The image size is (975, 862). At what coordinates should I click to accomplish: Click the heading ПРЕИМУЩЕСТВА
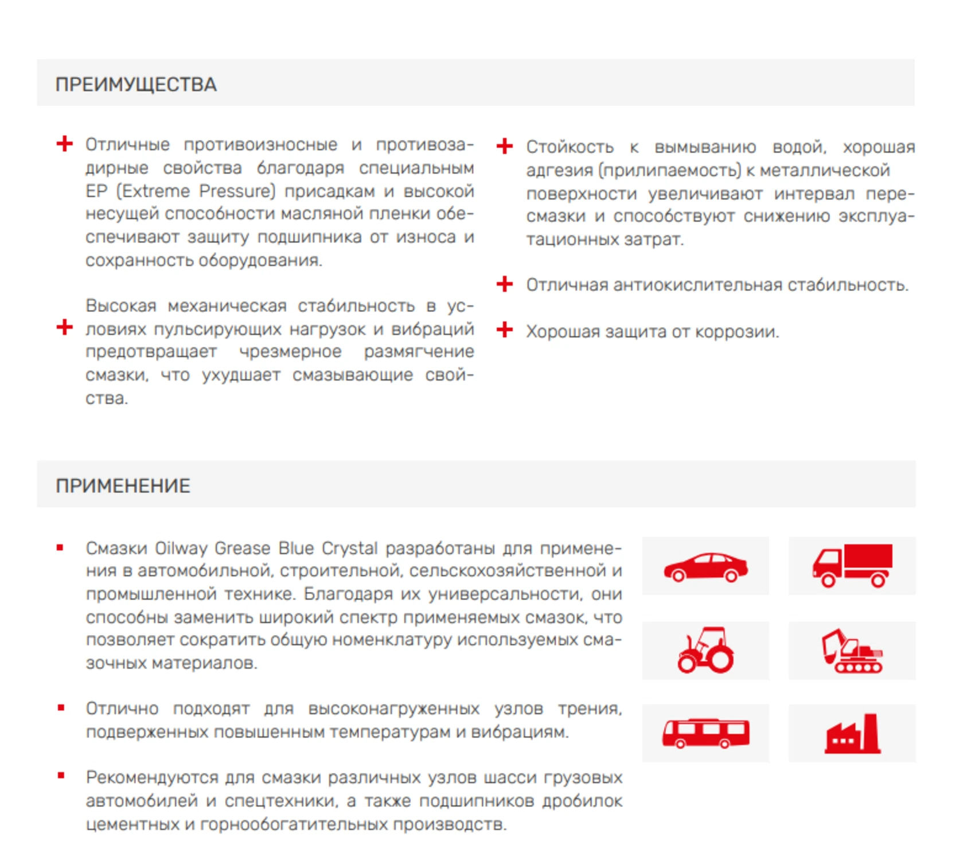click(x=136, y=85)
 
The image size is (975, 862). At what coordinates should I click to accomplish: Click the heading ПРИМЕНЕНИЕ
click(x=123, y=486)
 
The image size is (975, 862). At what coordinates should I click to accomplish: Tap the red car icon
click(x=705, y=567)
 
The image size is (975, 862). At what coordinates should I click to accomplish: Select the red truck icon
click(x=852, y=566)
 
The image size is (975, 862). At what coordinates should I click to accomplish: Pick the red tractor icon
click(x=705, y=650)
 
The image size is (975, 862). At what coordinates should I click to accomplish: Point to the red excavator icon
click(x=852, y=651)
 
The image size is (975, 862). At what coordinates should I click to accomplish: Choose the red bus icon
click(x=705, y=734)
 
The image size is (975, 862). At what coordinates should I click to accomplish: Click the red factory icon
click(x=852, y=734)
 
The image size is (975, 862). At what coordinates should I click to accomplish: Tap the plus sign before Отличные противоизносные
click(x=65, y=143)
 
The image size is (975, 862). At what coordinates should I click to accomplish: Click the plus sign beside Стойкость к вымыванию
click(x=505, y=146)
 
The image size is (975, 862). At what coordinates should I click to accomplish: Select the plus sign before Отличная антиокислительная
click(x=505, y=284)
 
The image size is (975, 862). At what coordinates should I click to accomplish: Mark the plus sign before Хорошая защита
click(x=505, y=330)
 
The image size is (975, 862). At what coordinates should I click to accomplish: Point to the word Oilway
click(x=181, y=548)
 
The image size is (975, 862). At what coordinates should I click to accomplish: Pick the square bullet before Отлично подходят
click(x=61, y=708)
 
